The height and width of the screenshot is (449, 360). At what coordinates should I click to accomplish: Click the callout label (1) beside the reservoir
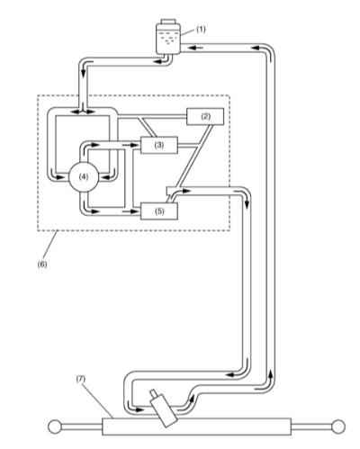click(201, 30)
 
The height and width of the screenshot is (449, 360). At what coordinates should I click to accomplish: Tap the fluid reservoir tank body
click(168, 40)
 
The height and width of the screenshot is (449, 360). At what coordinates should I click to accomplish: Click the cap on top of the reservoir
click(168, 22)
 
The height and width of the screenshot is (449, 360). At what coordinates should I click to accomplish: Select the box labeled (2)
click(205, 116)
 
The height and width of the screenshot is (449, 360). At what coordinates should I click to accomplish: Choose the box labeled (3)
click(159, 145)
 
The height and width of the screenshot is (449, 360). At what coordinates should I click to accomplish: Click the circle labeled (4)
click(84, 177)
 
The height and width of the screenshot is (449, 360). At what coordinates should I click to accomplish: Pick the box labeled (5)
click(159, 211)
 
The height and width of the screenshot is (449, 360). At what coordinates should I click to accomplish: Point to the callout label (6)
click(42, 265)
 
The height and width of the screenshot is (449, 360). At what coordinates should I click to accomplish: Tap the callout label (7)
click(80, 379)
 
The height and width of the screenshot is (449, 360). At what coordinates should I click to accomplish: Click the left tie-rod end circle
click(54, 427)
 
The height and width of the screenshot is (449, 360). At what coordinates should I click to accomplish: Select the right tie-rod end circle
click(339, 427)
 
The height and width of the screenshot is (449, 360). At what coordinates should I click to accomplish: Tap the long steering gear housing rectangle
click(197, 427)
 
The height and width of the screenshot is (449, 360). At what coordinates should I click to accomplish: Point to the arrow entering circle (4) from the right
click(107, 176)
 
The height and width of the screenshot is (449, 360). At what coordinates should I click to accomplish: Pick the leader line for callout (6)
click(49, 246)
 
